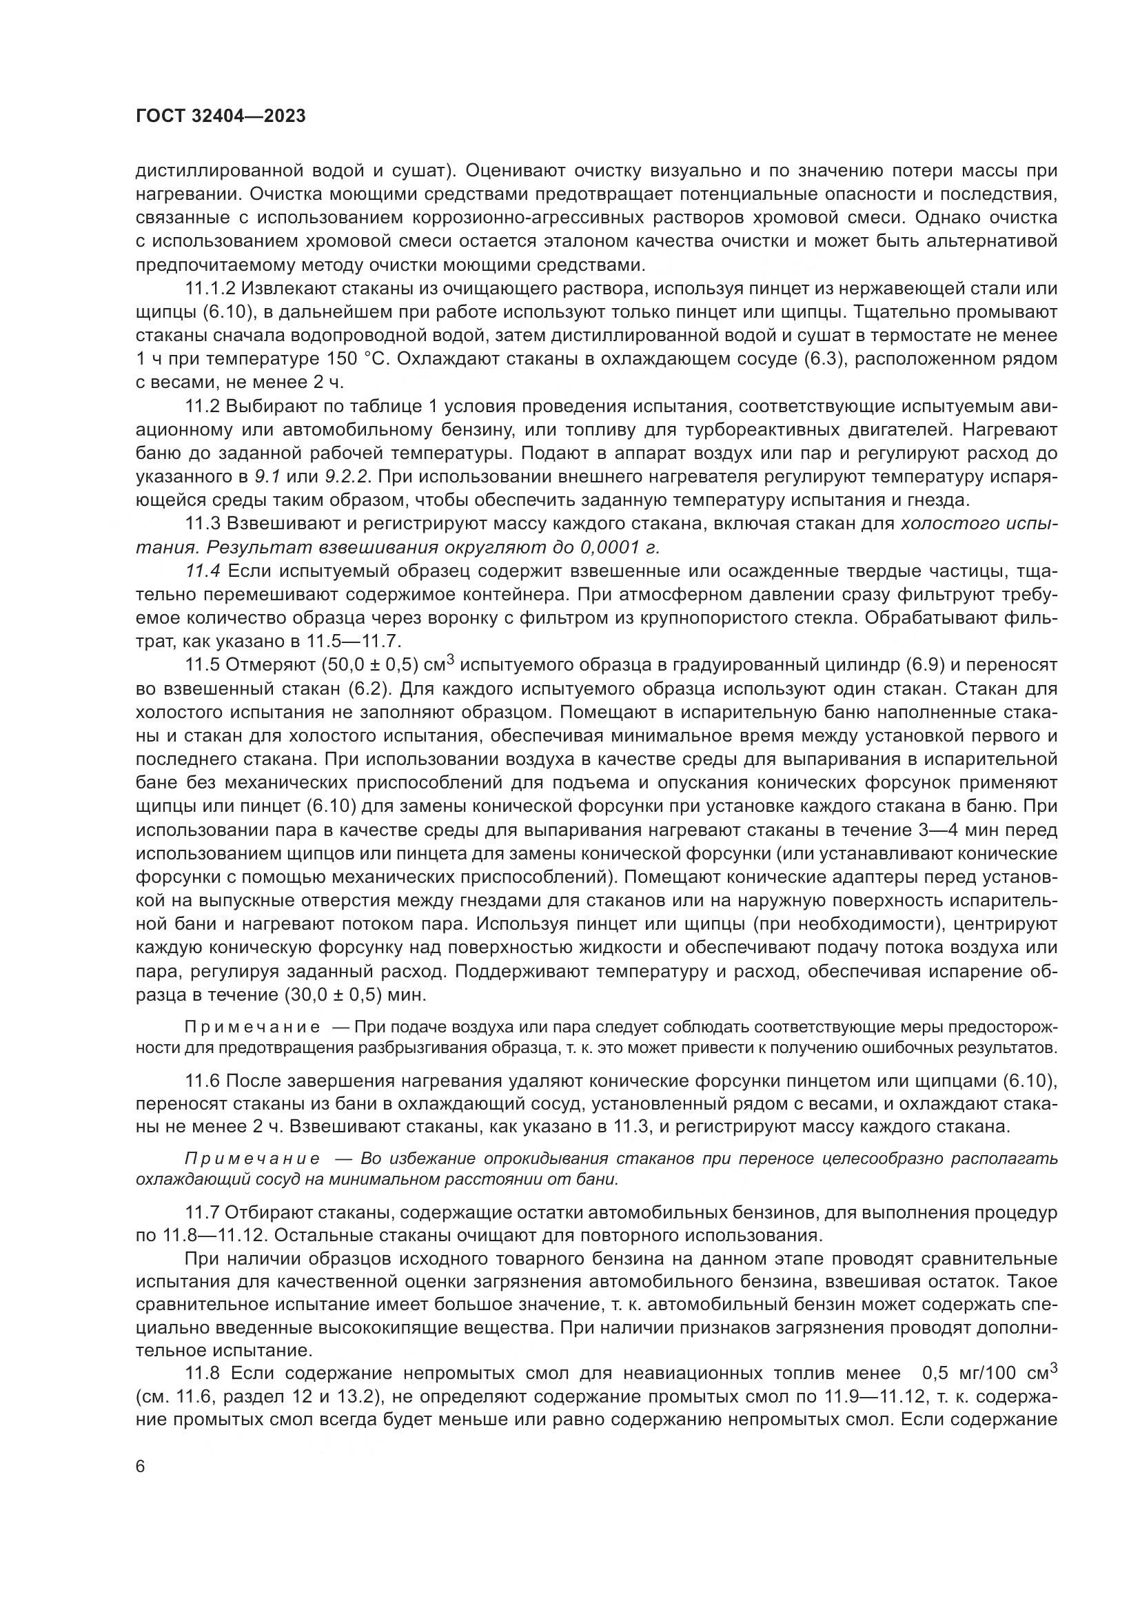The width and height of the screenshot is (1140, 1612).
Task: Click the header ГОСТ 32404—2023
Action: tap(221, 116)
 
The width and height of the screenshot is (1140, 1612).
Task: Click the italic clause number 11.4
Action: tap(203, 571)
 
